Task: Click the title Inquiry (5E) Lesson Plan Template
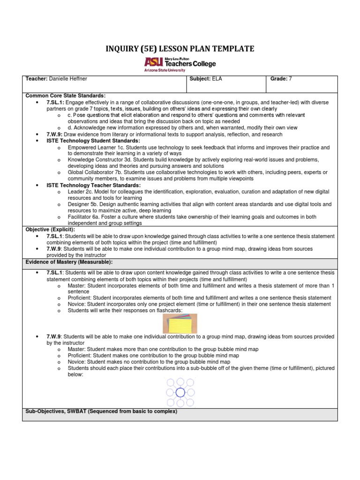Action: tap(180, 49)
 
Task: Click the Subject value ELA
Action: tap(217, 79)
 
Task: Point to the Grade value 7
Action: tap(291, 79)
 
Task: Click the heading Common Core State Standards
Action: tap(66, 95)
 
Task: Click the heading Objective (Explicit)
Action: tap(50, 229)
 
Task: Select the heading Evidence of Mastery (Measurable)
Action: tap(69, 262)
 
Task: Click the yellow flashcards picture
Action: tap(180, 323)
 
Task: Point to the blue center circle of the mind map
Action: tap(180, 392)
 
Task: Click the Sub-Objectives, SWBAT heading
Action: tap(101, 411)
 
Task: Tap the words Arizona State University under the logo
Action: tap(165, 69)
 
